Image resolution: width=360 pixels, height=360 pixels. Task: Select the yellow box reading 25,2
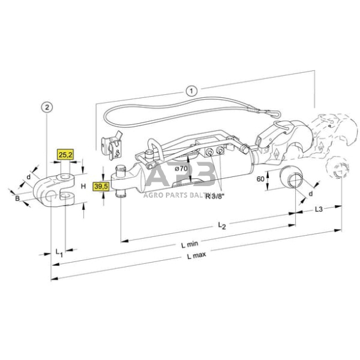point(65,156)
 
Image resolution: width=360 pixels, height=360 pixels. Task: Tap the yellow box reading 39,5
point(100,186)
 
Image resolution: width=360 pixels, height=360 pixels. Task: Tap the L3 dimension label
point(319,210)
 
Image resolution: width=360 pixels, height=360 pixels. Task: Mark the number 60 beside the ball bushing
point(260,179)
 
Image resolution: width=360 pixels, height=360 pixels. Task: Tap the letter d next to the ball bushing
point(310,194)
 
